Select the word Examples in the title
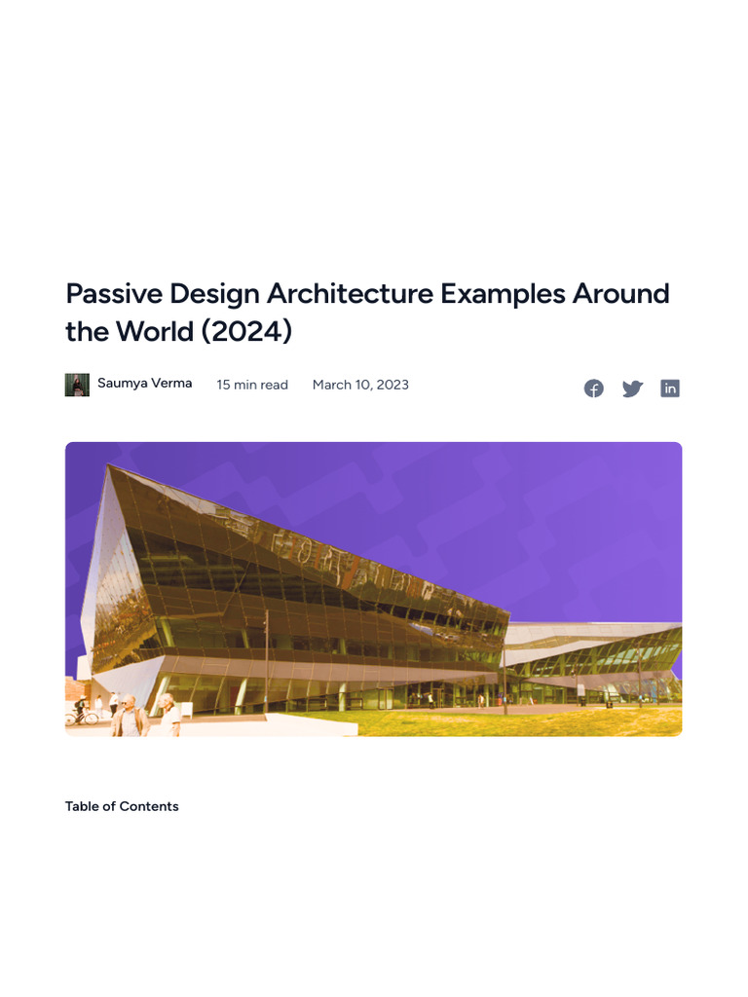[505, 293]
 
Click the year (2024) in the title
[247, 331]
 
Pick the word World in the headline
[154, 331]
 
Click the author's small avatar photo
[77, 385]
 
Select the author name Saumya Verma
[144, 384]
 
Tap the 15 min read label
[252, 385]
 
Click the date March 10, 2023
[360, 385]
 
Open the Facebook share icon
[594, 388]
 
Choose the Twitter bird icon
[633, 388]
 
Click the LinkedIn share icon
[670, 388]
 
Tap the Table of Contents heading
[122, 806]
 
